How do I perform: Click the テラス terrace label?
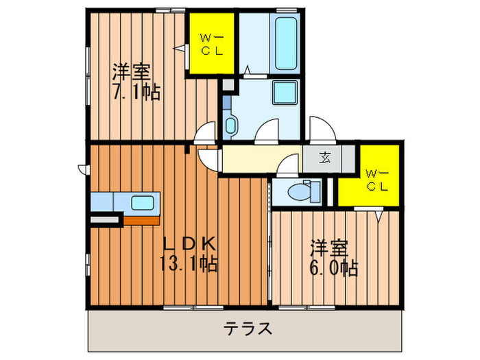pyautogui.click(x=248, y=328)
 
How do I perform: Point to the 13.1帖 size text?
pyautogui.click(x=189, y=263)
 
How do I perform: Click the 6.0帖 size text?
pyautogui.click(x=333, y=267)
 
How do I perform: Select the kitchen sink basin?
pyautogui.click(x=143, y=203)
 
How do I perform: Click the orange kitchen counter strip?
pyautogui.click(x=141, y=219)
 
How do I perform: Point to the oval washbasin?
pyautogui.click(x=230, y=125)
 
